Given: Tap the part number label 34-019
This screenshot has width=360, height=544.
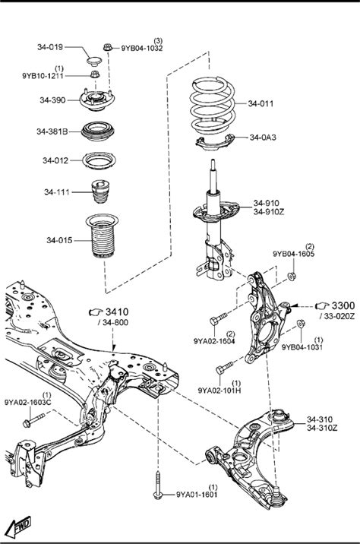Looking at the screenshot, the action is pyautogui.click(x=50, y=47).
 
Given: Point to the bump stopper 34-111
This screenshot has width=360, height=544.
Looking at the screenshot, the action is pyautogui.click(x=100, y=191).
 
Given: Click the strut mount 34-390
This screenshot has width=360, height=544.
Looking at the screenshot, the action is pyautogui.click(x=96, y=100).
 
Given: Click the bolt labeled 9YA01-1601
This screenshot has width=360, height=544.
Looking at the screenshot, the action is pyautogui.click(x=158, y=485).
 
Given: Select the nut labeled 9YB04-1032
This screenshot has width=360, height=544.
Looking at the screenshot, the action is pyautogui.click(x=108, y=47).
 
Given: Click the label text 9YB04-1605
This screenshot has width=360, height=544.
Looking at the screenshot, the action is pyautogui.click(x=293, y=254).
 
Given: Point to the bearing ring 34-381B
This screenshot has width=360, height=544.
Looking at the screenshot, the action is pyautogui.click(x=98, y=131).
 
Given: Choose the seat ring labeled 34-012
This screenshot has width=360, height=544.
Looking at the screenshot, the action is pyautogui.click(x=99, y=160).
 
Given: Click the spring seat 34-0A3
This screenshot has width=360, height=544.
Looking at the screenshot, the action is pyautogui.click(x=215, y=141).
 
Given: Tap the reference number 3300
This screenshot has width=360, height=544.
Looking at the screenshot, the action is pyautogui.click(x=343, y=305).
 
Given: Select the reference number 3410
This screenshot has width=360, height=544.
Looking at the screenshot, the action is pyautogui.click(x=117, y=312).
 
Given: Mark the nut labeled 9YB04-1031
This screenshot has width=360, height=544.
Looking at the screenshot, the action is pyautogui.click(x=301, y=324).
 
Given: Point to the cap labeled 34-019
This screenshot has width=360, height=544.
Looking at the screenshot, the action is pyautogui.click(x=93, y=62).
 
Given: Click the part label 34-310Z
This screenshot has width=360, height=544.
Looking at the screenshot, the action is pyautogui.click(x=322, y=428).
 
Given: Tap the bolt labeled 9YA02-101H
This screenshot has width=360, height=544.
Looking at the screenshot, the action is pyautogui.click(x=224, y=368).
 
